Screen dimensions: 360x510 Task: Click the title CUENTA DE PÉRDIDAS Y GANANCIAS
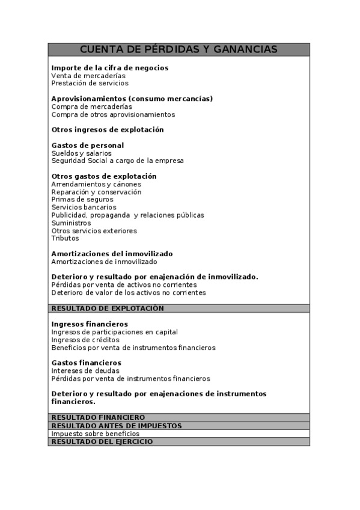click(x=178, y=49)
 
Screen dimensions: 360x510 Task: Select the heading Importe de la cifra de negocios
click(x=109, y=68)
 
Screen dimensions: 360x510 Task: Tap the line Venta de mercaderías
click(x=88, y=76)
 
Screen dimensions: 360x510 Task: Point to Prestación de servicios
click(x=90, y=84)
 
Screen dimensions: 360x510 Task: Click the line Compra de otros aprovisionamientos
click(x=113, y=114)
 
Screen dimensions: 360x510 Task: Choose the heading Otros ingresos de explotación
click(x=107, y=130)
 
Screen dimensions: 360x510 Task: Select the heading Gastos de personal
click(x=87, y=146)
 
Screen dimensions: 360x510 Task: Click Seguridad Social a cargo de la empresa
click(x=117, y=161)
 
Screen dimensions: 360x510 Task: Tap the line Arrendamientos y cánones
click(x=96, y=184)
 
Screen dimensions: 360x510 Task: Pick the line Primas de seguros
click(x=82, y=200)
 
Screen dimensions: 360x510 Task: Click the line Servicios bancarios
click(x=84, y=207)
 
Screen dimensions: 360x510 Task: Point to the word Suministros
click(x=71, y=223)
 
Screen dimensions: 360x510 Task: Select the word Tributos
click(x=65, y=238)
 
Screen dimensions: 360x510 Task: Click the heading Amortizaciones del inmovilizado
click(x=112, y=254)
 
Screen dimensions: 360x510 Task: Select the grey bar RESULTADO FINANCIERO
click(x=97, y=417)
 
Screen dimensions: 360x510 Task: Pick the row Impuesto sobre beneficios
click(x=95, y=434)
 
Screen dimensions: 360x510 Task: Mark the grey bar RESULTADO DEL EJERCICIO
click(x=102, y=441)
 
